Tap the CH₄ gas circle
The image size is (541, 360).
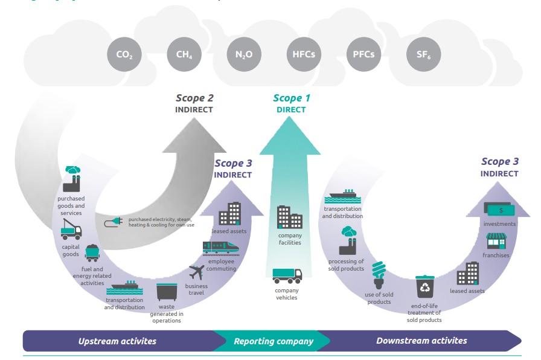pyautogui.click(x=184, y=56)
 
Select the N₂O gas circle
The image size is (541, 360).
pyautogui.click(x=244, y=56)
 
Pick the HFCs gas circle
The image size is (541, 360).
pyautogui.click(x=303, y=56)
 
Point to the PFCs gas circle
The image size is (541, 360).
pyautogui.click(x=363, y=56)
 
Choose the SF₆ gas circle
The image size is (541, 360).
pyautogui.click(x=424, y=56)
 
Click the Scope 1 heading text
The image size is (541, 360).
pyautogui.click(x=291, y=98)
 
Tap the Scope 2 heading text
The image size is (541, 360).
pyautogui.click(x=194, y=98)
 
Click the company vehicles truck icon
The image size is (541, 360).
pyautogui.click(x=287, y=276)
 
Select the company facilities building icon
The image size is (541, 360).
pyautogui.click(x=289, y=217)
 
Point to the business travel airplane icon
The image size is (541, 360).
pyautogui.click(x=197, y=272)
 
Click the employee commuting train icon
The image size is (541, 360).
pyautogui.click(x=220, y=246)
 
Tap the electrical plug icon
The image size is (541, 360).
pyautogui.click(x=112, y=223)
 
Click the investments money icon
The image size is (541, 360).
pyautogui.click(x=499, y=208)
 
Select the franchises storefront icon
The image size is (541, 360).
pyautogui.click(x=496, y=241)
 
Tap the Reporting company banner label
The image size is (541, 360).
pyautogui.click(x=274, y=341)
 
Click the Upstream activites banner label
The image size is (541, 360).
pyautogui.click(x=117, y=341)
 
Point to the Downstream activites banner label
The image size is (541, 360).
pyautogui.click(x=421, y=341)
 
